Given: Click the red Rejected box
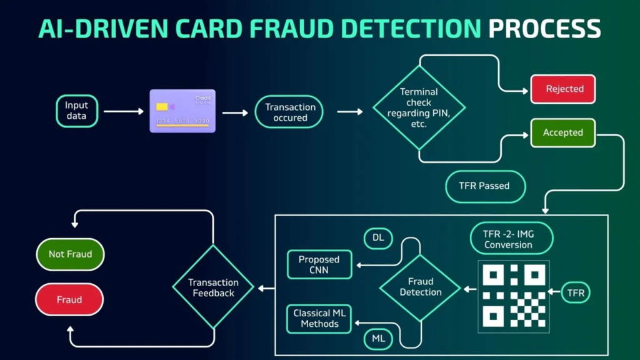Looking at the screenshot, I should click(563, 89).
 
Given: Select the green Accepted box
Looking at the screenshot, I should click(562, 132).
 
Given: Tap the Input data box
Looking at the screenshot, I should click(77, 111).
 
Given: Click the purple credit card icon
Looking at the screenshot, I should click(182, 111).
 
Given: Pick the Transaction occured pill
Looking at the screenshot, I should click(290, 112).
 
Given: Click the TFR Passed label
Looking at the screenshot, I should click(484, 186).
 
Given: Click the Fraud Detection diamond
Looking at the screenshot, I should click(420, 287).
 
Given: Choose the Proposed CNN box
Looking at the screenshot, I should click(319, 264).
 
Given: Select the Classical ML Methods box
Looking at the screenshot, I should click(319, 318).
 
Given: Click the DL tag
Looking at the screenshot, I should click(378, 237).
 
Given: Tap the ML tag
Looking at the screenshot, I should click(378, 339).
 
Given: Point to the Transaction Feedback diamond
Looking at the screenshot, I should click(213, 287).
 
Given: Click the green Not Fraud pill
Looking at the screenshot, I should click(70, 254).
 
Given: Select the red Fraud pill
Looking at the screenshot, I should click(69, 299).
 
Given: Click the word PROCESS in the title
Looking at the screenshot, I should click(544, 29).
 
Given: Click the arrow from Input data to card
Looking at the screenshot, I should click(123, 111).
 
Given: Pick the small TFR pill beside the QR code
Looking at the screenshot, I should click(576, 292).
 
